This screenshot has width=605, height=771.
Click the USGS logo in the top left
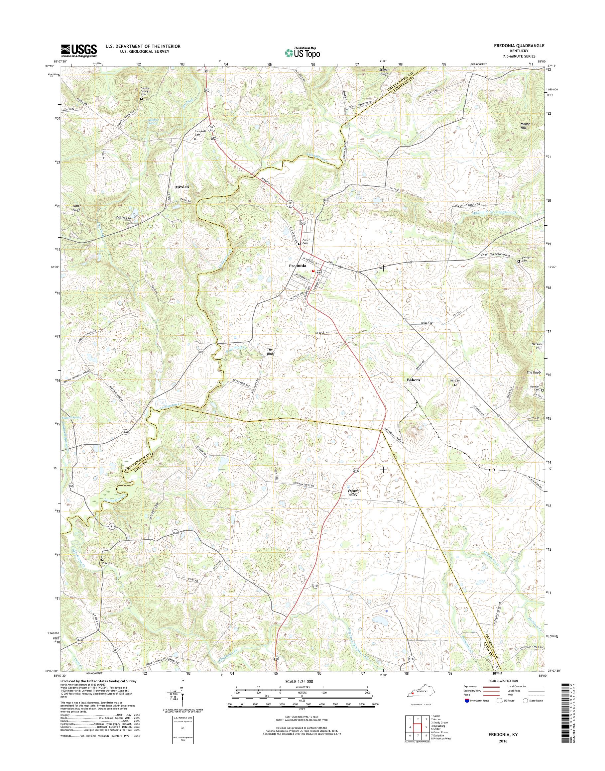79,51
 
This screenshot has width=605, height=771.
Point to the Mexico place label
182,187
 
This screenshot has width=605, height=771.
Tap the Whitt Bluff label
76,208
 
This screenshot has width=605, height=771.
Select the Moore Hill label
525,126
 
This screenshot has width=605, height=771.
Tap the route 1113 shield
112,527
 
